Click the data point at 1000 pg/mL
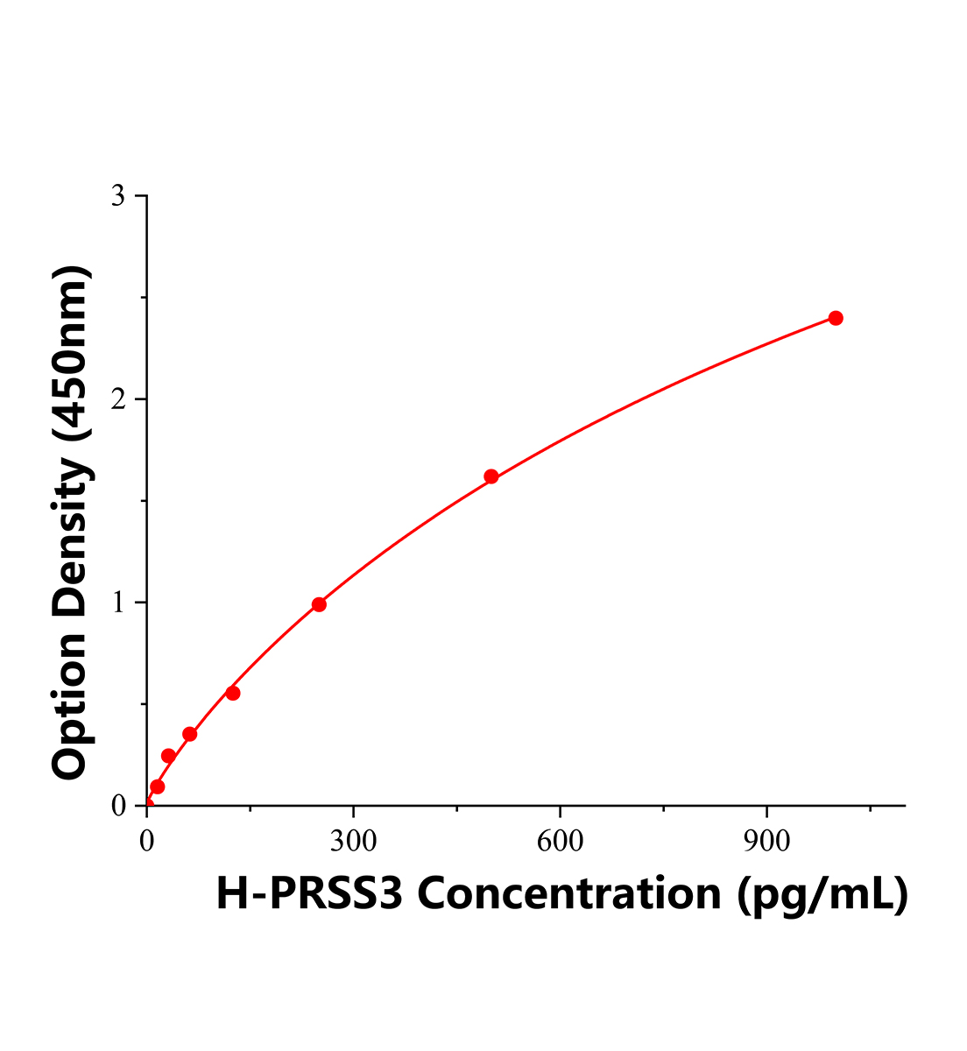point(836,318)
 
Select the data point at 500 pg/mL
point(491,476)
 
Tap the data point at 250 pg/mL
point(319,604)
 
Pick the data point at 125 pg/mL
point(233,693)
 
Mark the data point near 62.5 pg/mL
point(190,734)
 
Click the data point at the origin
point(147,805)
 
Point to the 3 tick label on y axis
point(118,196)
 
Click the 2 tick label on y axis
point(118,399)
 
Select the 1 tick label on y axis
point(118,603)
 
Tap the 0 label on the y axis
point(118,806)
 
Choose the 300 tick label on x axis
point(353,842)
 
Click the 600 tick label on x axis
point(560,842)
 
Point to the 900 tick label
point(766,842)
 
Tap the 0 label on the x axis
point(147,842)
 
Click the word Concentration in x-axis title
point(571,893)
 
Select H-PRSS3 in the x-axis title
point(309,893)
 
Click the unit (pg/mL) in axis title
point(821,895)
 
